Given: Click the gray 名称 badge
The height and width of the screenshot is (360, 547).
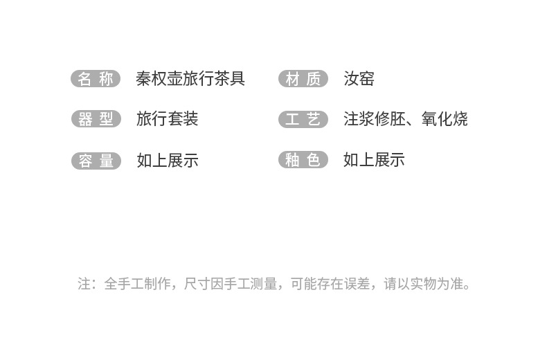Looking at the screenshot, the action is point(96,79).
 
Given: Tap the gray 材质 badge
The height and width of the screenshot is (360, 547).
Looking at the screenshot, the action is point(303,79).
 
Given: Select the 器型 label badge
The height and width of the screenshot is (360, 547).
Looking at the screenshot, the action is point(96,119).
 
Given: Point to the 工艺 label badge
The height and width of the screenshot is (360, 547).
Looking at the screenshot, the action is point(303,119).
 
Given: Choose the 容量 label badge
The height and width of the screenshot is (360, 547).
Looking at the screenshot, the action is point(96,161).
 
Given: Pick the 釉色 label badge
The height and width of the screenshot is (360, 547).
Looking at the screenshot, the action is point(303,160).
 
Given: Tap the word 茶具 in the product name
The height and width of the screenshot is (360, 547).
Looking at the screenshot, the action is point(230,79).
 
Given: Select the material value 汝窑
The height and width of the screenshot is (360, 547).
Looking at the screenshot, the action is point(359,79).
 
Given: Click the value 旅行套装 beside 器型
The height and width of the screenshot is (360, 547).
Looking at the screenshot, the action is point(167,119).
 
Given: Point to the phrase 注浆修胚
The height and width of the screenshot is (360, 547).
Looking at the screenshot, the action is point(374,119).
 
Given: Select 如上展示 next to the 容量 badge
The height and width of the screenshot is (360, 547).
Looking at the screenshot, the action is point(167,161).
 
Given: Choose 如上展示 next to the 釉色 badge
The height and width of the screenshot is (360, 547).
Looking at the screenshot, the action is point(374,160).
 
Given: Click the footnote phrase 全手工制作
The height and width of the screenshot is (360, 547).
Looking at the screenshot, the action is point(134,284).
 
